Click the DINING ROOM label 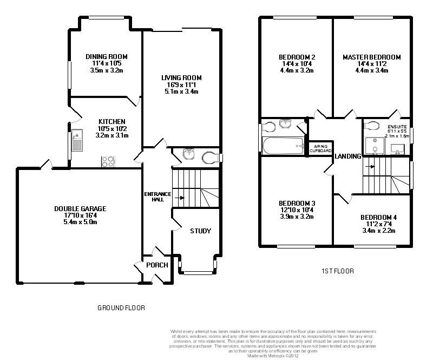[x=107, y=57]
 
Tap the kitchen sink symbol [x=77, y=140]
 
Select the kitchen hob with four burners [x=108, y=162]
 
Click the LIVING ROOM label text [x=181, y=78]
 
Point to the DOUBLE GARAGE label [x=80, y=208]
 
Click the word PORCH [x=157, y=265]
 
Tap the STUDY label [x=200, y=231]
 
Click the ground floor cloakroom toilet [x=210, y=158]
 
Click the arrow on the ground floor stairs [x=180, y=198]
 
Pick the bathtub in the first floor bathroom [x=283, y=146]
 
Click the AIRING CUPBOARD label [x=320, y=149]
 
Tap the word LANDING [x=347, y=156]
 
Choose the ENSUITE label [x=397, y=127]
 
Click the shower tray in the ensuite [x=375, y=146]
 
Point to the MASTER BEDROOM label [x=372, y=57]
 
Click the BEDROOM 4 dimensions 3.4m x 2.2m [x=378, y=231]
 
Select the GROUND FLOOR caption [x=121, y=308]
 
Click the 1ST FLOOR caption [x=337, y=271]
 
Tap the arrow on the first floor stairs [x=370, y=167]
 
